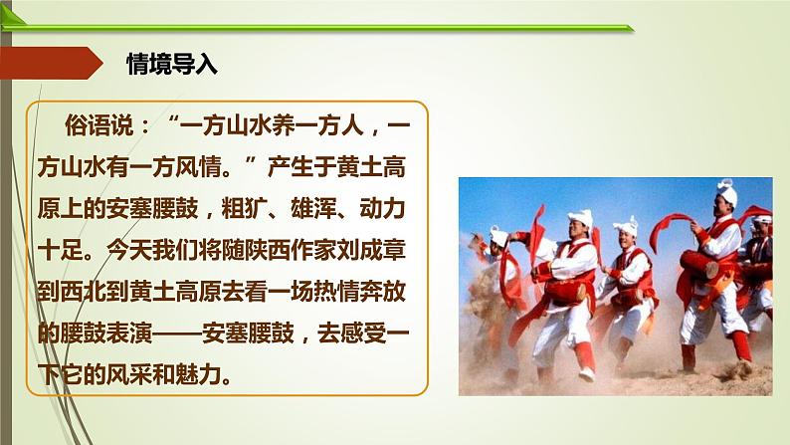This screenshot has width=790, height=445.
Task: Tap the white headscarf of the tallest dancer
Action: click(727, 191)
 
